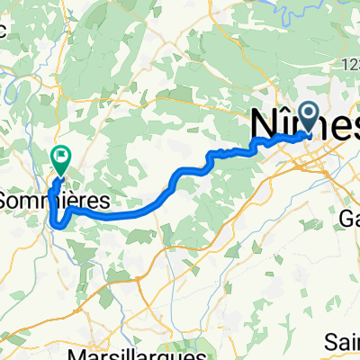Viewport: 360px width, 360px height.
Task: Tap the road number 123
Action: pyautogui.click(x=350, y=65)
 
